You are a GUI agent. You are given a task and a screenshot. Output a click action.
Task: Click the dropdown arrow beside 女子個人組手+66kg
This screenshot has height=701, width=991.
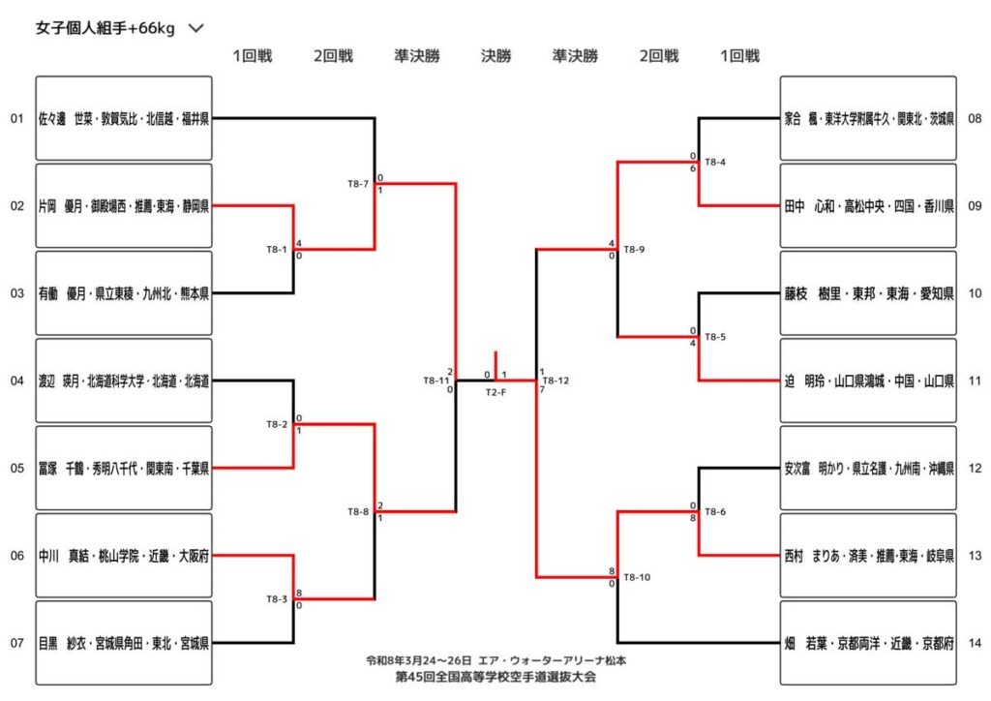click(196, 28)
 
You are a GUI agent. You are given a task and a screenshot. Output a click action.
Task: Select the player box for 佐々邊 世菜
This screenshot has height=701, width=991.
click(124, 119)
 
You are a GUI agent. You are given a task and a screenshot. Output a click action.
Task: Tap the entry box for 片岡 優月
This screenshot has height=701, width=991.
click(124, 206)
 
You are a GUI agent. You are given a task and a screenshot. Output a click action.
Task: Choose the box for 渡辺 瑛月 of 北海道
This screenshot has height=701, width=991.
click(124, 381)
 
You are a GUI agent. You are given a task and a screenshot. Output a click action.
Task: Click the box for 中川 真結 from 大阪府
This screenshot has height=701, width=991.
click(124, 556)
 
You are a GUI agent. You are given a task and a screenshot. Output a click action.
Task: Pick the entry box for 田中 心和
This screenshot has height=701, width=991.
click(868, 206)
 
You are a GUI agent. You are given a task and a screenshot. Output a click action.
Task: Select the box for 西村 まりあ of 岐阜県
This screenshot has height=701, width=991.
click(868, 556)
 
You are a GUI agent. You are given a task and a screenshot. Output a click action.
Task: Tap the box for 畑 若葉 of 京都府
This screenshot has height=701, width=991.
click(868, 643)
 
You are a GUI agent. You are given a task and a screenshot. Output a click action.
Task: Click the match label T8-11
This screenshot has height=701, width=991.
click(435, 381)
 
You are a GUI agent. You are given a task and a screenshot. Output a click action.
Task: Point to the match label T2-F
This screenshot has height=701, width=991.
click(495, 392)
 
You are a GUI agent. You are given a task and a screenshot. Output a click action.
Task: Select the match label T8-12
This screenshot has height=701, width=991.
click(556, 381)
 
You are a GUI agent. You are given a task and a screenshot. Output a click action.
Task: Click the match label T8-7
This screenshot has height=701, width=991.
click(357, 183)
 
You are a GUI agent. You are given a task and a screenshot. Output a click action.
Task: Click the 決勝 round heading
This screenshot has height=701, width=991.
click(495, 56)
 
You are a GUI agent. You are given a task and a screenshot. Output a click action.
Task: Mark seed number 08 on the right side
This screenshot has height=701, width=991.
click(975, 119)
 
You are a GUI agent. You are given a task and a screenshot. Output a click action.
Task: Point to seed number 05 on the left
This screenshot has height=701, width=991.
click(16, 469)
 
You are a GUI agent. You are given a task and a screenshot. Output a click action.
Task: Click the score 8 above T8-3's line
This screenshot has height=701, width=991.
click(300, 593)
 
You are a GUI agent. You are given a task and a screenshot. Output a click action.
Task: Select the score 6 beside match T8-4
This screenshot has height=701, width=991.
click(693, 168)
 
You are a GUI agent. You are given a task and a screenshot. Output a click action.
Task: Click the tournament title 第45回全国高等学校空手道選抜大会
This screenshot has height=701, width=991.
click(495, 677)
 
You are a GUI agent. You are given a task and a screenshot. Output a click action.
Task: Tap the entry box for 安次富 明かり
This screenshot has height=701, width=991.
click(868, 469)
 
